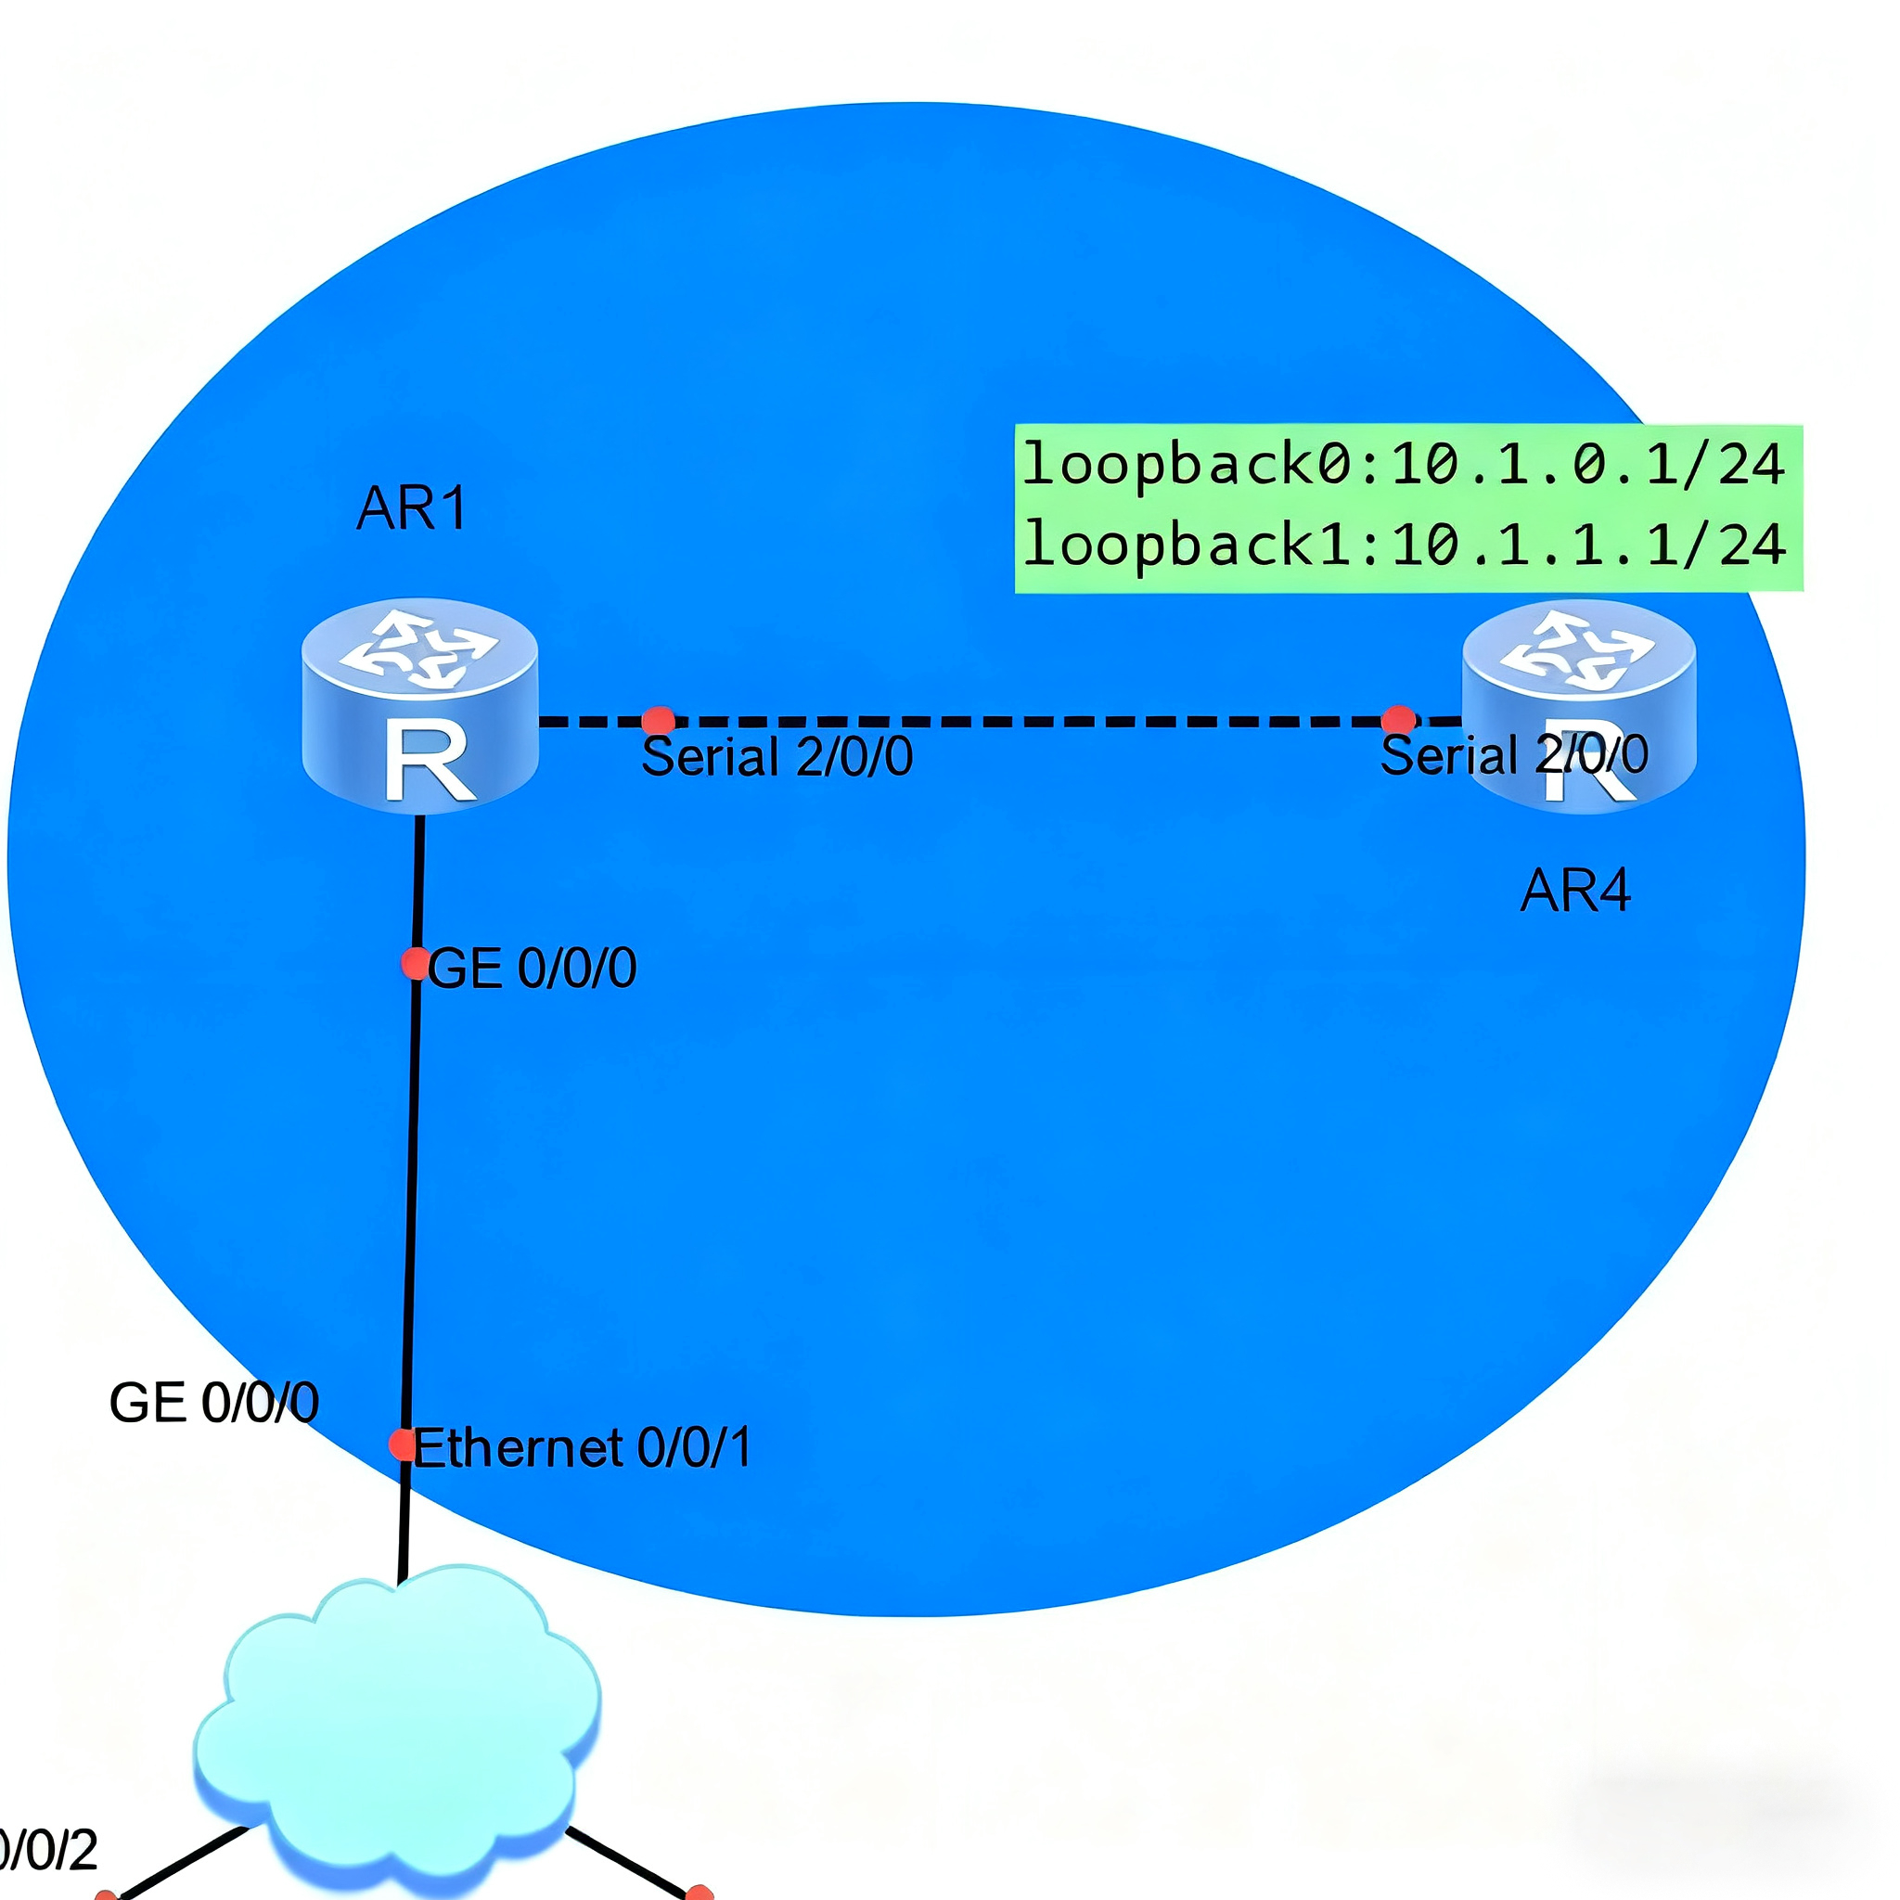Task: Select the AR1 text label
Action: (x=412, y=508)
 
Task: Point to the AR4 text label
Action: (x=1575, y=891)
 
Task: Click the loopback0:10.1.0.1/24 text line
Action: (x=1404, y=464)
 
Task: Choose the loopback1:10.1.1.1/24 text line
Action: (x=1404, y=544)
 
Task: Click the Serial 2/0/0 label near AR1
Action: (x=777, y=756)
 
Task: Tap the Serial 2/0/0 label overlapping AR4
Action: (x=1513, y=755)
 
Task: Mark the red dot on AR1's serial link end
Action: (x=658, y=721)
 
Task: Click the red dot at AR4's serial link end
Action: (x=1398, y=720)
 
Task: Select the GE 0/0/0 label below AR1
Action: (x=532, y=968)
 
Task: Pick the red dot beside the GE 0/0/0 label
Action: (x=415, y=963)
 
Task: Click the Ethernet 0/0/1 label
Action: (x=583, y=1447)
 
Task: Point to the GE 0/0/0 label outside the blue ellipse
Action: (x=213, y=1403)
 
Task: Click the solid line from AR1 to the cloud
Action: (x=412, y=1180)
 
